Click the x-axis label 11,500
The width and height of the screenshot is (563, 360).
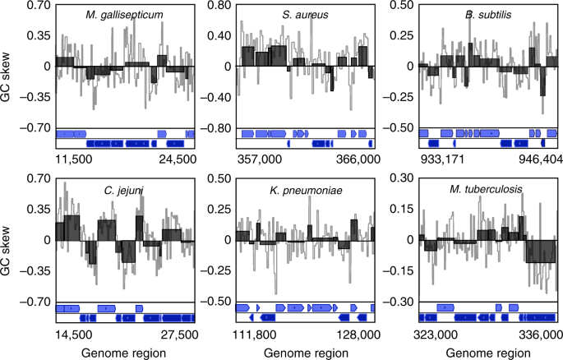[x=73, y=158]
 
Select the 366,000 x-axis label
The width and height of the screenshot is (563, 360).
[x=358, y=158]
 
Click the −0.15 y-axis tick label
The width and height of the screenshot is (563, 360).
[x=395, y=270]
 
